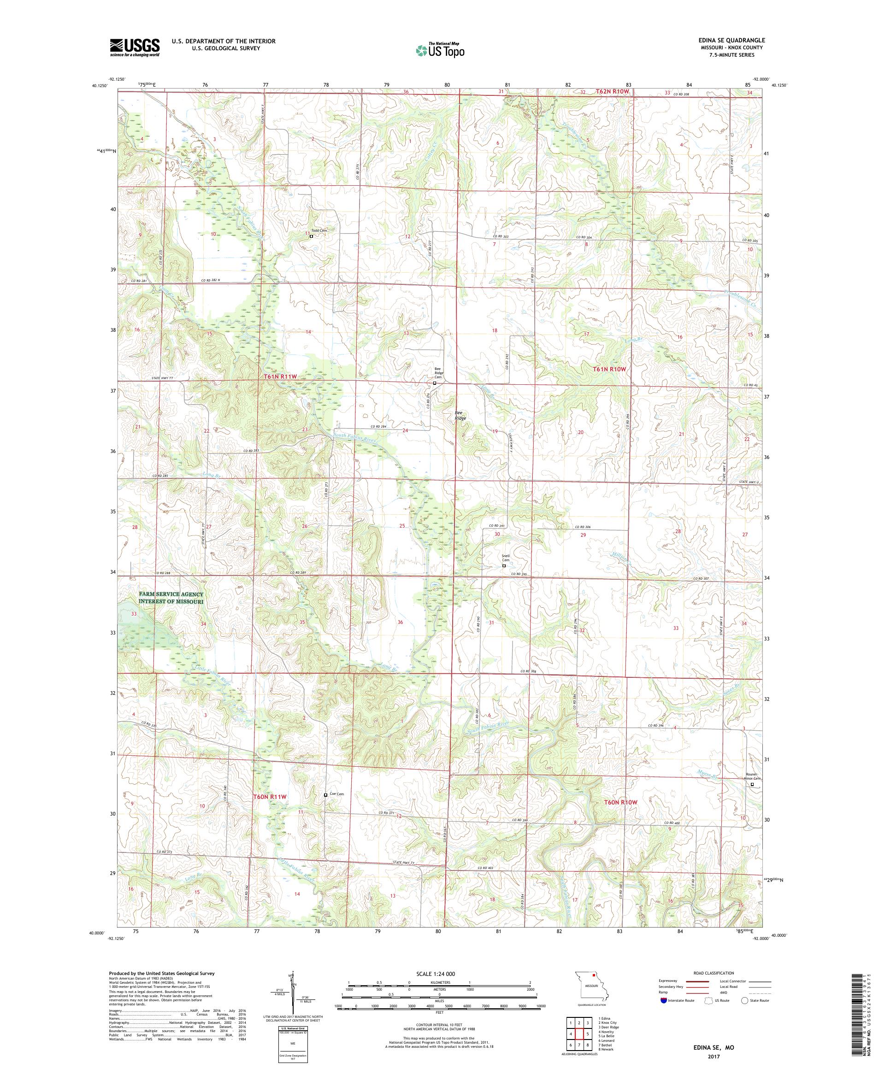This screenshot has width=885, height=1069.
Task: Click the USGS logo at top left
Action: pos(135,47)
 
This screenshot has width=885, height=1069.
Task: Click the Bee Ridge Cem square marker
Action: pos(434,383)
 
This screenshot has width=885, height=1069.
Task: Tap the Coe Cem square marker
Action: pos(326,795)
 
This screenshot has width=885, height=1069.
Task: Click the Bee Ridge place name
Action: pos(460,415)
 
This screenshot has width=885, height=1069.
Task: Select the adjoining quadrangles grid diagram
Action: pos(578,1034)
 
